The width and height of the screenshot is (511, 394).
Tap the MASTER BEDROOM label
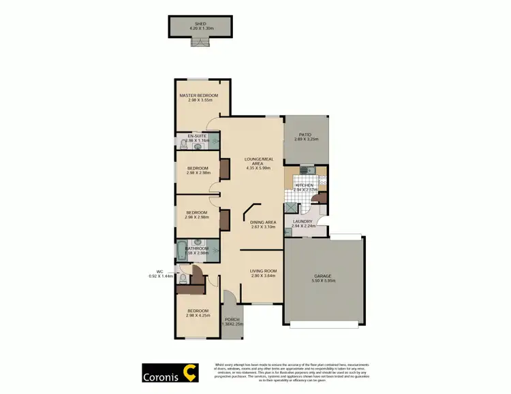(198, 95)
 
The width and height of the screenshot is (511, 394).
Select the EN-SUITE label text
(197, 136)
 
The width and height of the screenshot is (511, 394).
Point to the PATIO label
(306, 135)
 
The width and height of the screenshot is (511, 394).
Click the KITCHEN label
(303, 185)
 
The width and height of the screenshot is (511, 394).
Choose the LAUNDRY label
(302, 221)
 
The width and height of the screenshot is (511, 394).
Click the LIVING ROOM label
(263, 271)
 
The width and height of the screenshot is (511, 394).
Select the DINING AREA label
(262, 222)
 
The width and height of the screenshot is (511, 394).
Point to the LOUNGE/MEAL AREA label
(258, 161)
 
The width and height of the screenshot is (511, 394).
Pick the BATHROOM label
(197, 249)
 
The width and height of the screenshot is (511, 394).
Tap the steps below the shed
(198, 44)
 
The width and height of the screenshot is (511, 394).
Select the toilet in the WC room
(182, 278)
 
